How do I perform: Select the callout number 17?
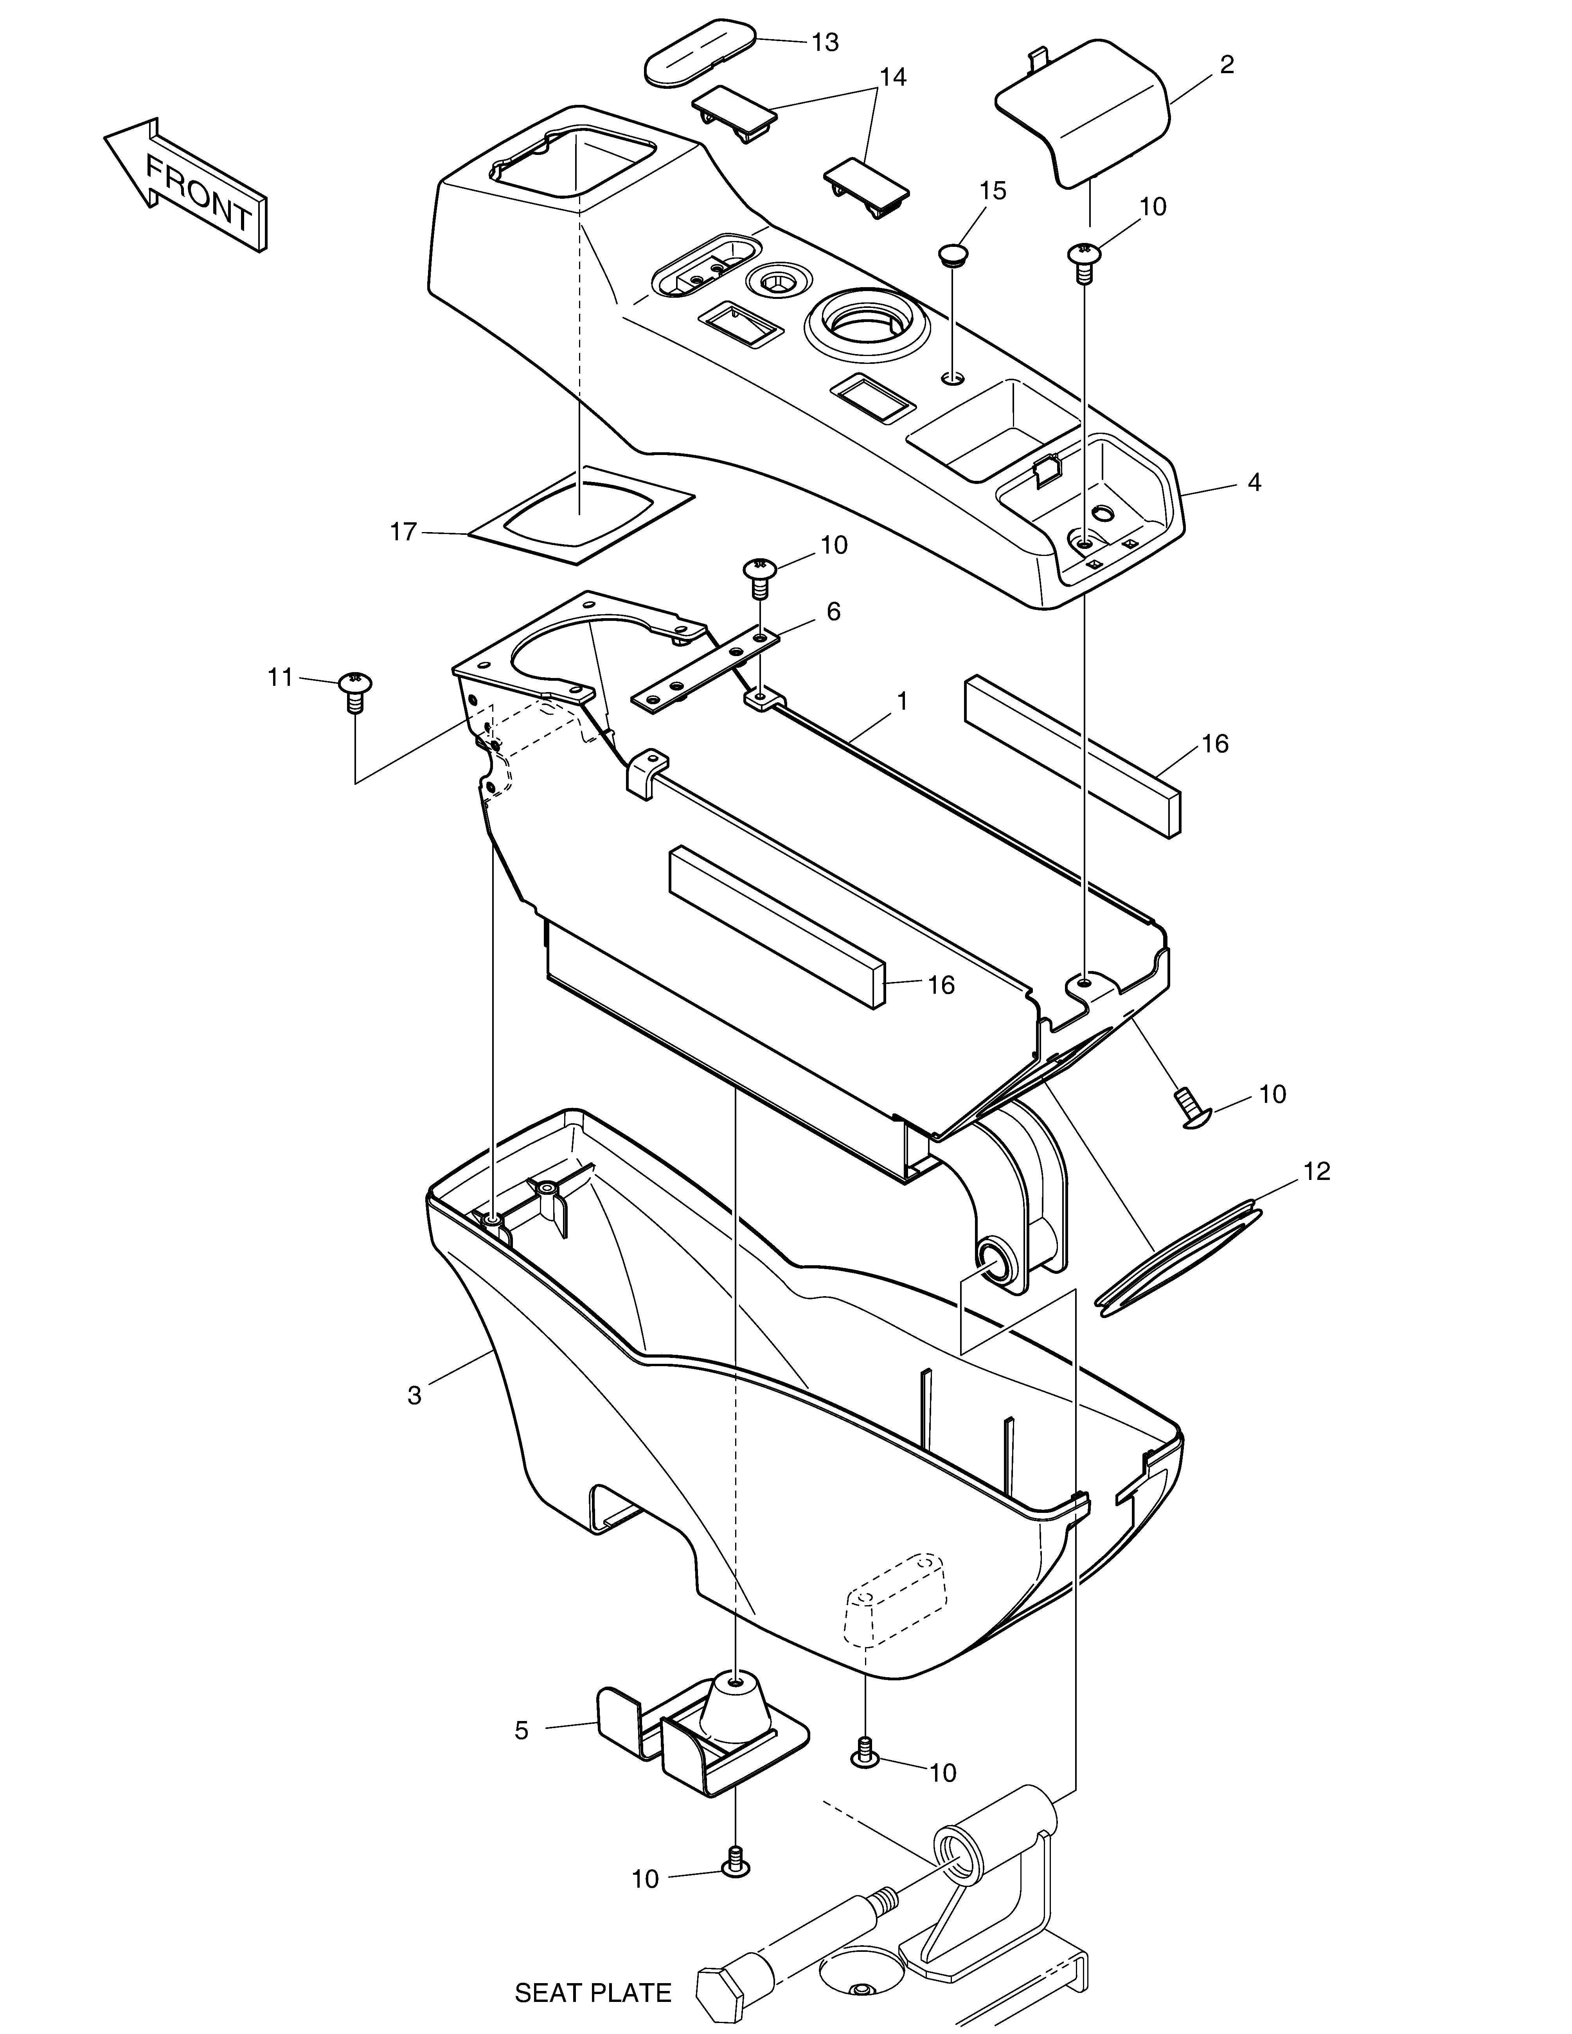pyautogui.click(x=403, y=533)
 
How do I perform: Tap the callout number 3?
pyautogui.click(x=414, y=1422)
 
